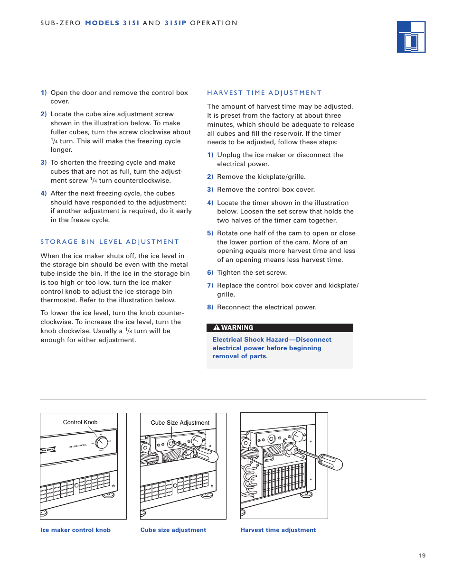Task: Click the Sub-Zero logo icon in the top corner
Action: pyautogui.click(x=411, y=37)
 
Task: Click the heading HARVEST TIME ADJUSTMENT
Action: pyautogui.click(x=264, y=93)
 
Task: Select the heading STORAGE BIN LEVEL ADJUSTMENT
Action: pyautogui.click(x=110, y=242)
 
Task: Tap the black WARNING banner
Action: pyautogui.click(x=280, y=328)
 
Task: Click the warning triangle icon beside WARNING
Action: pyautogui.click(x=217, y=327)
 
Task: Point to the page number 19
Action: pyautogui.click(x=422, y=556)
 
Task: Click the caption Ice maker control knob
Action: pyautogui.click(x=75, y=530)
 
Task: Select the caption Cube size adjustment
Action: pyautogui.click(x=173, y=530)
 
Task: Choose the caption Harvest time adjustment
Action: pyautogui.click(x=278, y=530)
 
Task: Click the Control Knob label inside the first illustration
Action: pyautogui.click(x=80, y=422)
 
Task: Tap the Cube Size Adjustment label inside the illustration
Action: pyautogui.click(x=180, y=423)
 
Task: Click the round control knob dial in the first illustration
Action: pyautogui.click(x=102, y=443)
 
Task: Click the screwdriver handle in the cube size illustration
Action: pyautogui.click(x=206, y=454)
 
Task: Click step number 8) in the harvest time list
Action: pyautogui.click(x=210, y=307)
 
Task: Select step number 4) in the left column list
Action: pyautogui.click(x=44, y=194)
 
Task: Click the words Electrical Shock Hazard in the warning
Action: pyautogui.click(x=250, y=340)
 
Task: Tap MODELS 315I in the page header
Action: pyautogui.click(x=112, y=23)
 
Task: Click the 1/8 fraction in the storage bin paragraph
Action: pyautogui.click(x=128, y=331)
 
